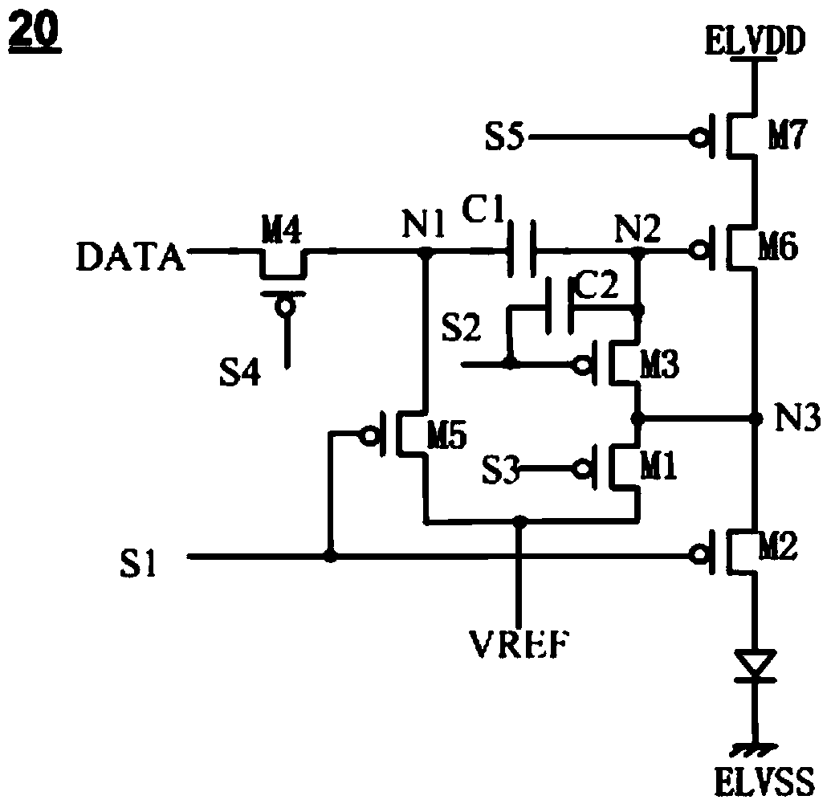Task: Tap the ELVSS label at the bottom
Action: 764,781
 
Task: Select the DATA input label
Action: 130,256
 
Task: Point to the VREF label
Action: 519,644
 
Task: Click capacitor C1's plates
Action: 522,249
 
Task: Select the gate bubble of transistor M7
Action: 699,138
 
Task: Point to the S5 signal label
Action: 504,137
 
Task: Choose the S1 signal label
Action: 138,563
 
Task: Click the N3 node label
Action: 797,417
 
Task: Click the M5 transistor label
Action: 447,437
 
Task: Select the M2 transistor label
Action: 778,546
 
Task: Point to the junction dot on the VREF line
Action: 520,522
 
